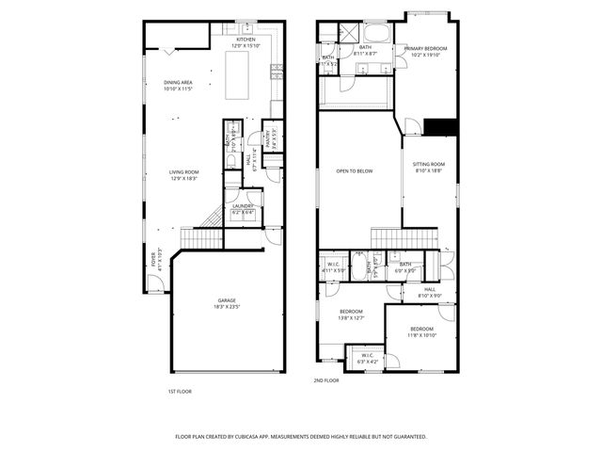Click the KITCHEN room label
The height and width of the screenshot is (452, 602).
(232, 39)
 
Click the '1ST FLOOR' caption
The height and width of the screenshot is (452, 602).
(180, 390)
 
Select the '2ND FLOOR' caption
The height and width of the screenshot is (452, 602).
(325, 380)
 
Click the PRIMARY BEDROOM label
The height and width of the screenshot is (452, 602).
(426, 48)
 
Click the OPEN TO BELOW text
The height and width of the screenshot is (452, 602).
(355, 170)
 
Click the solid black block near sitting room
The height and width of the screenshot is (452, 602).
(440, 128)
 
